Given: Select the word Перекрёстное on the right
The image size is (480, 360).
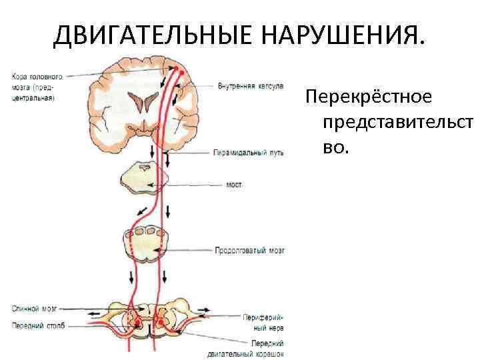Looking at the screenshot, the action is coord(369,97).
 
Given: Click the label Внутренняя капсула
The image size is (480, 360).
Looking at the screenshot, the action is coord(250,86).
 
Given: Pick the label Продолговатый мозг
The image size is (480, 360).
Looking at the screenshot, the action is coord(250,251).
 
